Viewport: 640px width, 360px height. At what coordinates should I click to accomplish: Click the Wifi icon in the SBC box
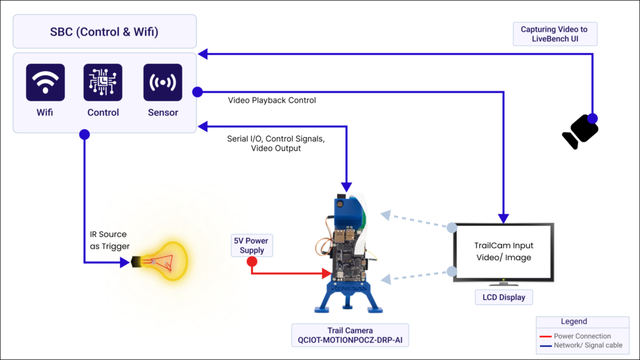point(45,82)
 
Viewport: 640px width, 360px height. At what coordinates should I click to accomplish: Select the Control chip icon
point(103,82)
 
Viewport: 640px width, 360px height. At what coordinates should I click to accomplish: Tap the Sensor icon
point(162,82)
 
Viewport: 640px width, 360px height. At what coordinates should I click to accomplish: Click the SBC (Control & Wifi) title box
point(105,32)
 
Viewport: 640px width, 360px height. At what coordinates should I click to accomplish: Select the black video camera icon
point(580,132)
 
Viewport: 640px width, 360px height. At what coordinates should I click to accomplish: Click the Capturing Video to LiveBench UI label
point(555,34)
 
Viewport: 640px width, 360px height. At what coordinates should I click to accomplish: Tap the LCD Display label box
point(503,297)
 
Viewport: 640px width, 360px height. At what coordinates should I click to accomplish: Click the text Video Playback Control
point(272,100)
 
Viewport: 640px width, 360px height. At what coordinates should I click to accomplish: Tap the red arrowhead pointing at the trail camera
point(326,273)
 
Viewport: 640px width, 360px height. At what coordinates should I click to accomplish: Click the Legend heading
point(573,322)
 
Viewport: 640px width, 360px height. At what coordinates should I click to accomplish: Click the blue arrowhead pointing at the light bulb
point(124,263)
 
